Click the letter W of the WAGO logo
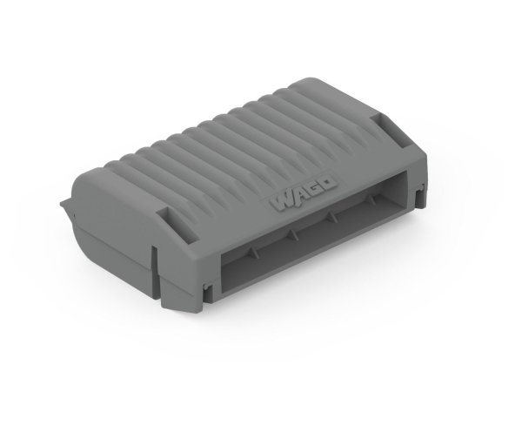[283, 203]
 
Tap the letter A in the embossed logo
[298, 196]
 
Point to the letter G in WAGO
[312, 189]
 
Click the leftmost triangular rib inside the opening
[254, 253]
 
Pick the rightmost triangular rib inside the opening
[371, 199]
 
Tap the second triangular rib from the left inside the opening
[292, 234]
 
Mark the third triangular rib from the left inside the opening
[332, 216]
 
